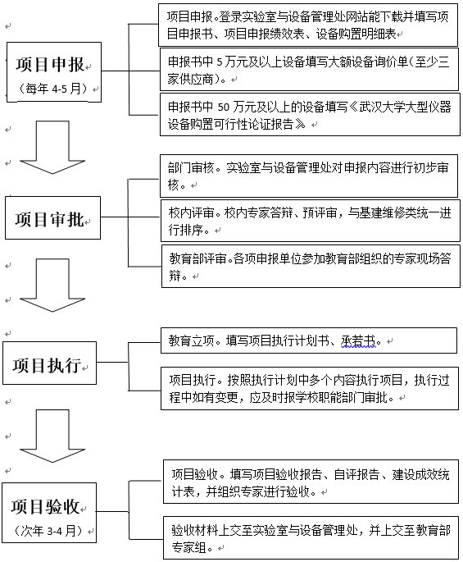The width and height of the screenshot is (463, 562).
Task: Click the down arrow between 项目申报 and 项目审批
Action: click(52, 148)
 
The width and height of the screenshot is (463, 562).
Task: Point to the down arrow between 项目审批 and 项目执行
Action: click(52, 286)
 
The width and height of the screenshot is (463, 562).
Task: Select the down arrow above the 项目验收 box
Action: click(52, 436)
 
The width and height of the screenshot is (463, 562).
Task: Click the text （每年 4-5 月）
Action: click(53, 89)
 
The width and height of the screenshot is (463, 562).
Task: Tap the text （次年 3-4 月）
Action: click(49, 531)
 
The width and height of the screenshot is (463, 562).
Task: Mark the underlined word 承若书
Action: click(358, 340)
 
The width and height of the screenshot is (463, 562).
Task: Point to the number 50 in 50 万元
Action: click(224, 107)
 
